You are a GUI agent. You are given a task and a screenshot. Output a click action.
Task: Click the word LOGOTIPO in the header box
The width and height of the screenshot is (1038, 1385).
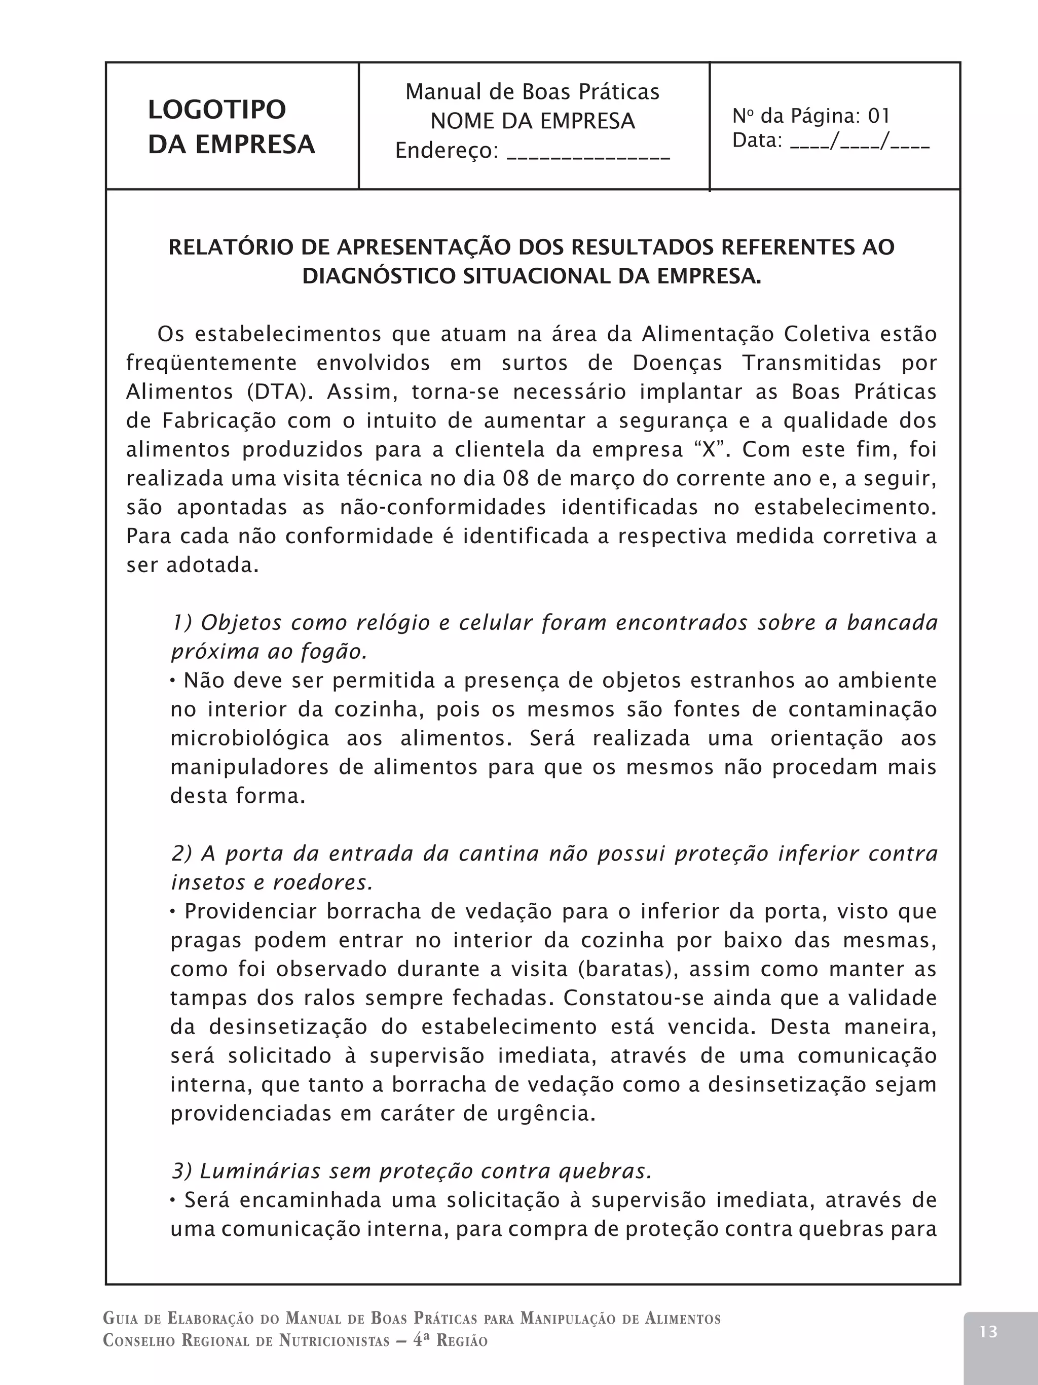[216, 110]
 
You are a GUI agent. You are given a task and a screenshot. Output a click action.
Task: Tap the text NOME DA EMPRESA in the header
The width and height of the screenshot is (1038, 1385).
[533, 121]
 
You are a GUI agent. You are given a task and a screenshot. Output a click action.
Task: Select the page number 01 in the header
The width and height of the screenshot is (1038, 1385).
[878, 116]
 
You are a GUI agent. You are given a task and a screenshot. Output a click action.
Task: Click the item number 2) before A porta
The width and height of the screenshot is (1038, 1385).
[181, 854]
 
